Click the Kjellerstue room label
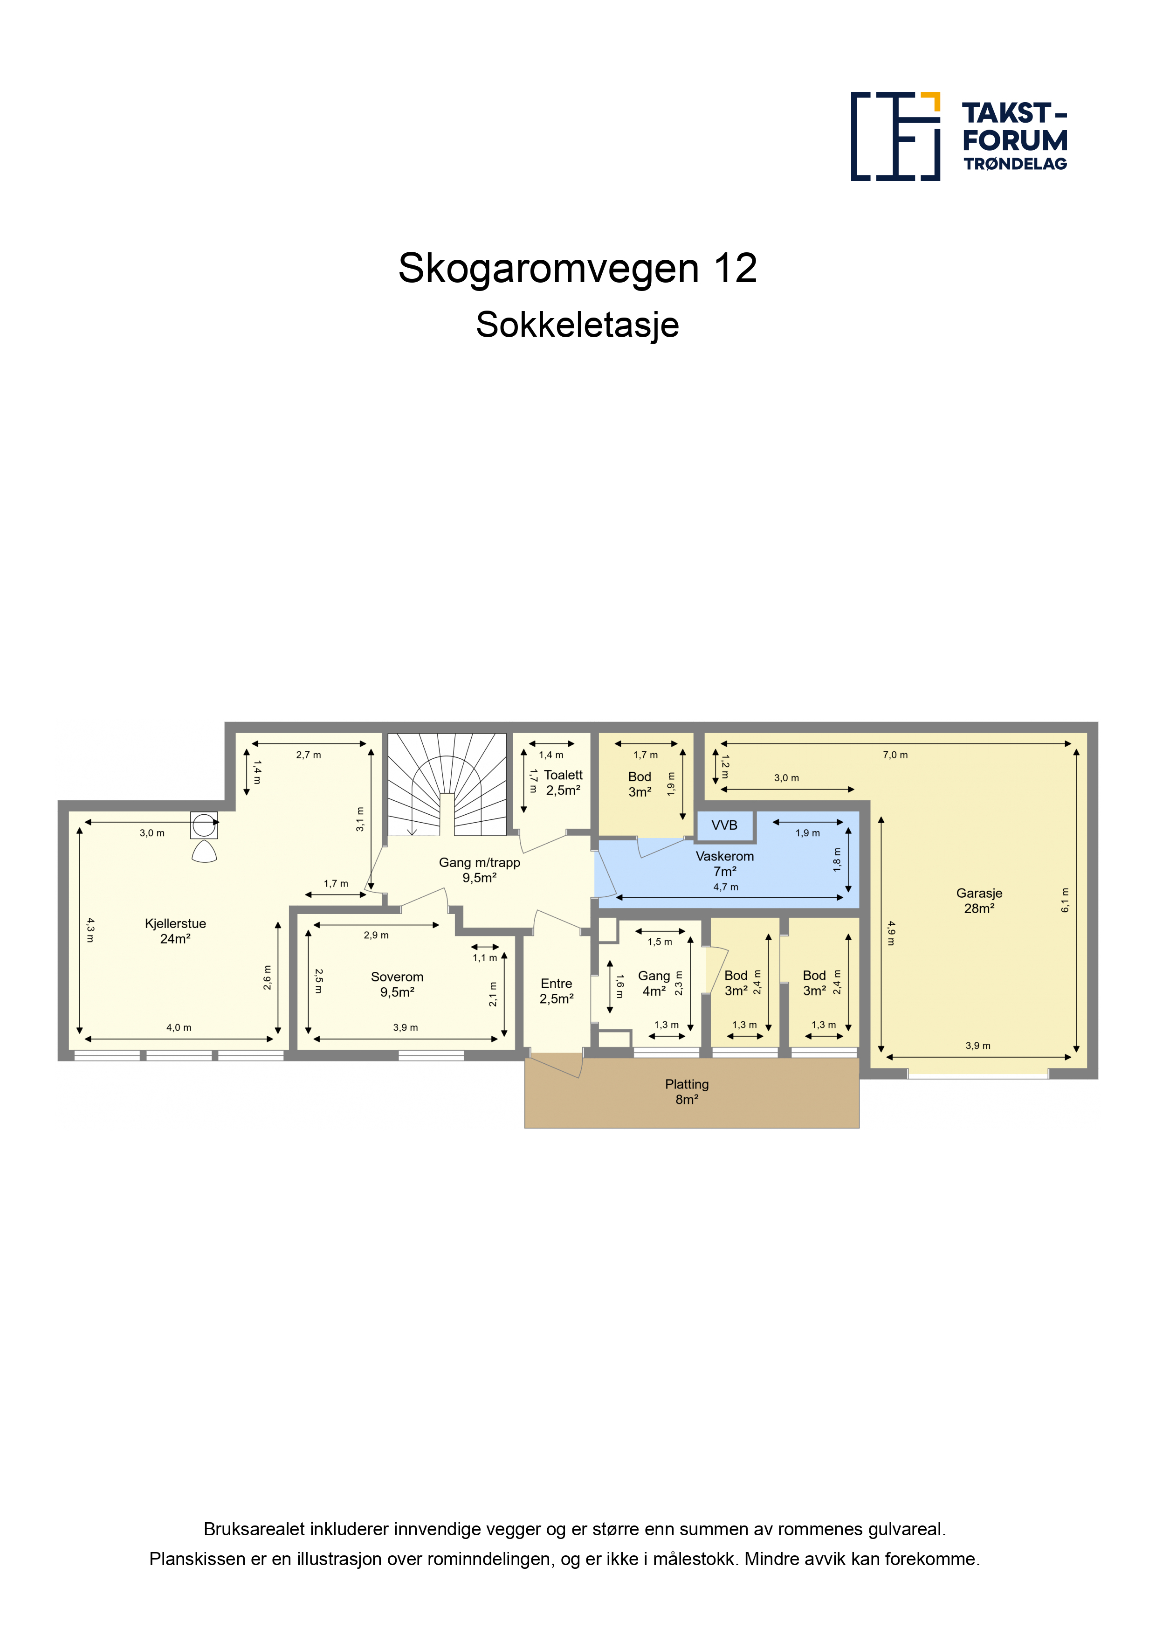point(175,923)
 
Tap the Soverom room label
point(397,977)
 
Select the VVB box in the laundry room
point(724,825)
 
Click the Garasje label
point(979,894)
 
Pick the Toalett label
point(563,775)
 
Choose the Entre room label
point(556,983)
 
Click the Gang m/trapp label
point(479,862)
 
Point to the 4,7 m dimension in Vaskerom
point(726,887)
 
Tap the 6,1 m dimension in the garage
point(1066,900)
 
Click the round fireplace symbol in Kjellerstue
point(205,825)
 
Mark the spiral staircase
point(447,784)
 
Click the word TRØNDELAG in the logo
point(1015,164)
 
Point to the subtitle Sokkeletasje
point(578,326)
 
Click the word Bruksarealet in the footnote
point(255,1529)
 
